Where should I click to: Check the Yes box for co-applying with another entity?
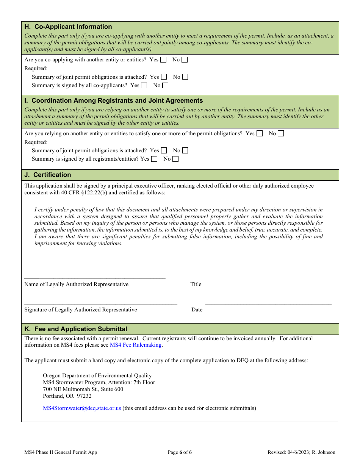(x=163, y=59)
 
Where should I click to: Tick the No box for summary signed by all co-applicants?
(x=165, y=86)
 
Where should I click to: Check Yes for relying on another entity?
(x=260, y=133)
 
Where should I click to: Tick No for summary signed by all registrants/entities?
(x=175, y=159)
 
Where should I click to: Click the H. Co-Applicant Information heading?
(x=68, y=27)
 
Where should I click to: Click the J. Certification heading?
(x=48, y=175)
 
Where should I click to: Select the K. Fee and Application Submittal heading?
(x=76, y=329)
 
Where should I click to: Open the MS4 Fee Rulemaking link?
(x=136, y=345)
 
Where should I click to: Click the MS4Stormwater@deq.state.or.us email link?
(x=82, y=408)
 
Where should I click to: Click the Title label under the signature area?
(x=196, y=285)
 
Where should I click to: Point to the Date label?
(x=197, y=310)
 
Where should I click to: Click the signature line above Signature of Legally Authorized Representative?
(x=101, y=304)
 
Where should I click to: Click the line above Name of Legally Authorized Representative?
(x=95, y=278)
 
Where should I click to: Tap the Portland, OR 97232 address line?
(x=67, y=396)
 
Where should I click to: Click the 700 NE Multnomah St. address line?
(x=83, y=389)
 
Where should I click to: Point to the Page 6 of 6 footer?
(x=180, y=452)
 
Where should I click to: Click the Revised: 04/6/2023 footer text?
(x=301, y=452)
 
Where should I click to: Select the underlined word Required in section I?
(x=35, y=142)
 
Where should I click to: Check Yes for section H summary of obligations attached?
(x=164, y=77)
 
